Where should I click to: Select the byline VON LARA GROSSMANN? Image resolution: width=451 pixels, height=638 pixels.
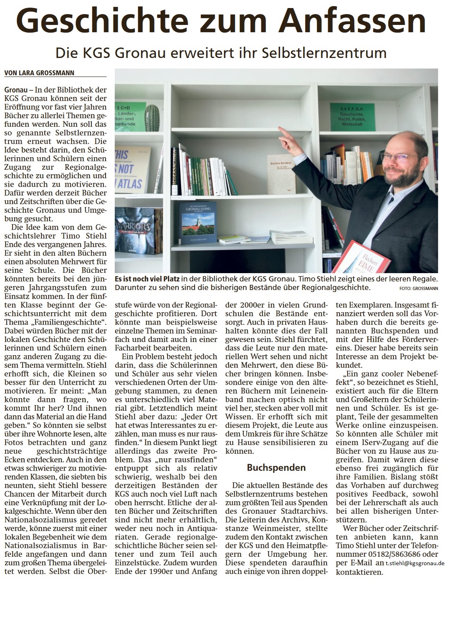[x=39, y=73]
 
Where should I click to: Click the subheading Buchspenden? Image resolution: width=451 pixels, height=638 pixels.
[x=276, y=467]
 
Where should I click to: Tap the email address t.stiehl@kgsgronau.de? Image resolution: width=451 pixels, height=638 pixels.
[x=415, y=564]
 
